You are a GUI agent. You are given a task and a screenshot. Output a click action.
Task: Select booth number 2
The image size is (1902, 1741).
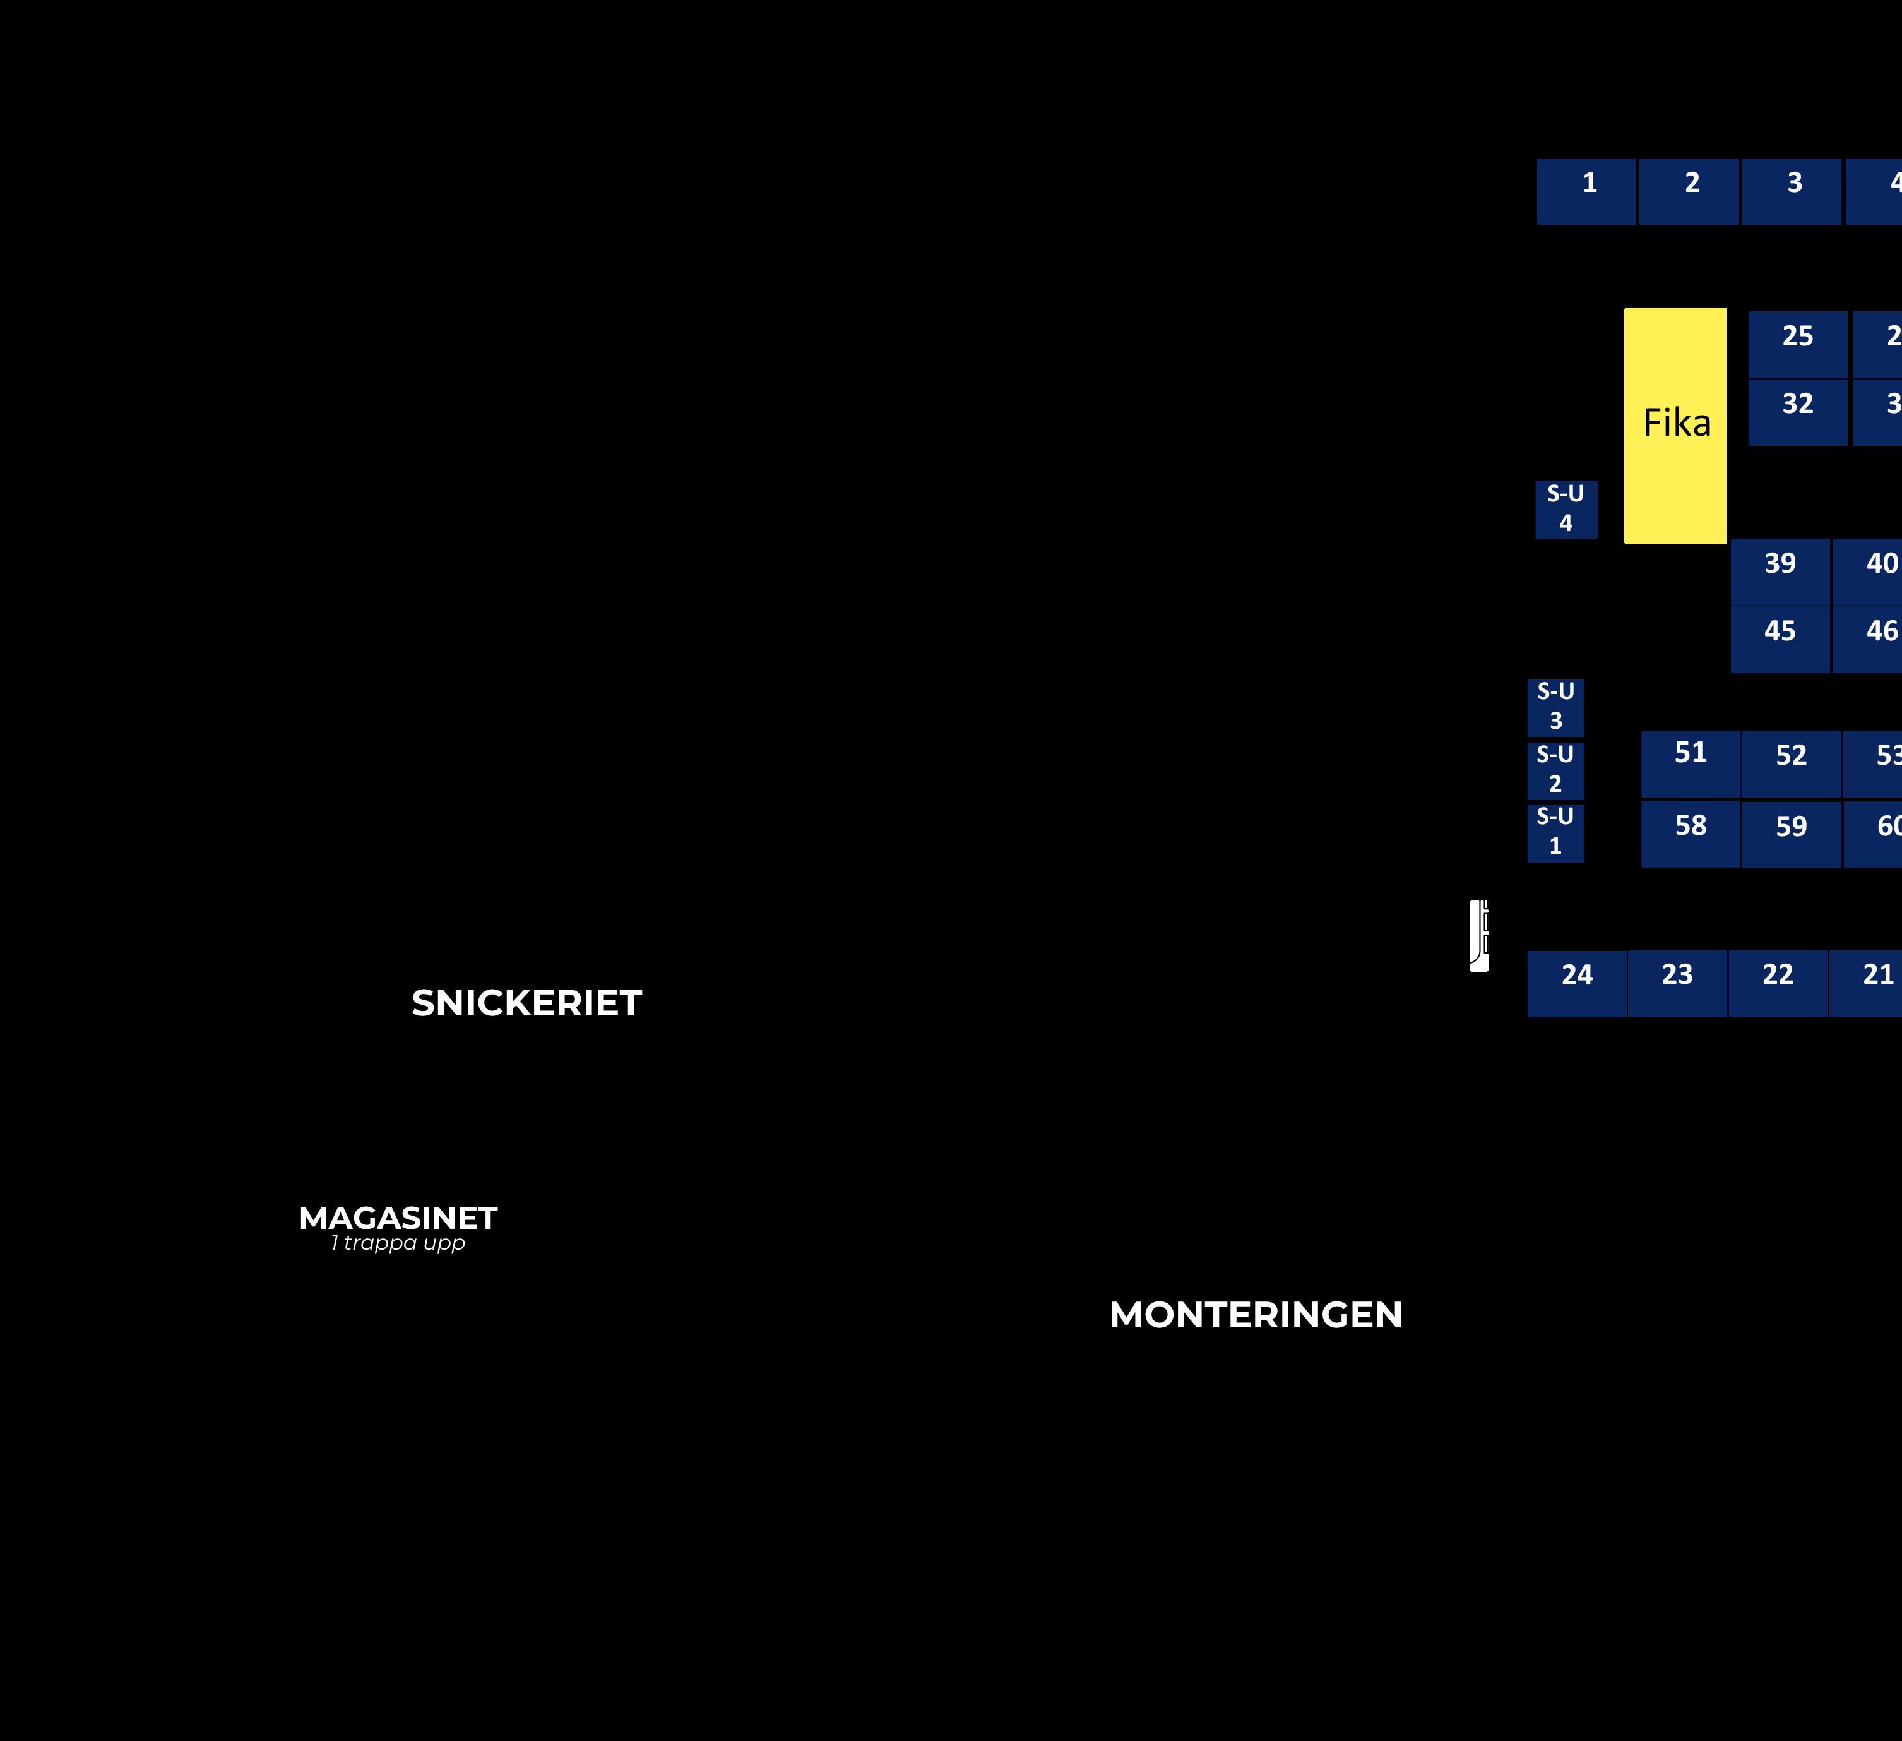tap(1689, 191)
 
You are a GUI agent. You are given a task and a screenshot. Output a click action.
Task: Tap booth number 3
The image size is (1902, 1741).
tap(1792, 191)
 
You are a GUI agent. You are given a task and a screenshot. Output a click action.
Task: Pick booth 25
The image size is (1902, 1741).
tap(1797, 344)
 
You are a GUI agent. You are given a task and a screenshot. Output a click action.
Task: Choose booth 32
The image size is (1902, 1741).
tap(1797, 412)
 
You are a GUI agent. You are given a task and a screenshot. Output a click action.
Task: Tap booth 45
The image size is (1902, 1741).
tap(1780, 640)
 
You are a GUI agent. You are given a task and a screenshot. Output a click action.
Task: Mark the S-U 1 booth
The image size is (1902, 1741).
tap(1556, 832)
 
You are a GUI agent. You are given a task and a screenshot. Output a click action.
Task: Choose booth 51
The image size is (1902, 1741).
tap(1691, 763)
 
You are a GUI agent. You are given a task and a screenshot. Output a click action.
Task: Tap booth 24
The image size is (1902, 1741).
tap(1576, 983)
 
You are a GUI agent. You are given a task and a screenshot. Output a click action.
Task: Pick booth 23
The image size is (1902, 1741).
tap(1677, 983)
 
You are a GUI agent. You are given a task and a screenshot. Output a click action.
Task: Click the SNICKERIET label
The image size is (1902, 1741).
tap(526, 1003)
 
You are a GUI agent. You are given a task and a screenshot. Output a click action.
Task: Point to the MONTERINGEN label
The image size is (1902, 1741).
tap(1256, 1315)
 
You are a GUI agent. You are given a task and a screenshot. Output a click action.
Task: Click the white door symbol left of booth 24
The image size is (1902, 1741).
tap(1478, 935)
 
